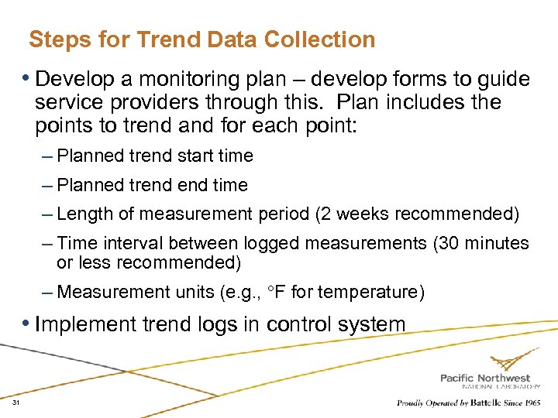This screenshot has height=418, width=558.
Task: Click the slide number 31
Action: click(x=15, y=403)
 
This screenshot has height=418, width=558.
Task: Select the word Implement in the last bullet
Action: click(x=87, y=324)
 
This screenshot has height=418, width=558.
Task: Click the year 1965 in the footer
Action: click(x=532, y=403)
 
